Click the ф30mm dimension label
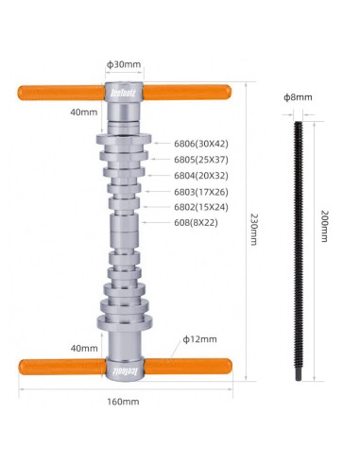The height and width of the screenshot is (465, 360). [123, 64]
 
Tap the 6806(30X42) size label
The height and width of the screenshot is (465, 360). [200, 144]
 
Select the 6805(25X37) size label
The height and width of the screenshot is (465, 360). [200, 160]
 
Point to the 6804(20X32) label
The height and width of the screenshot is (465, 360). [200, 176]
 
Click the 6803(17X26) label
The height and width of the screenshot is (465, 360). [200, 192]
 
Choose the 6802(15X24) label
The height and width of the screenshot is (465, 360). [200, 207]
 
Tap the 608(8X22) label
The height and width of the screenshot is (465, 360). [197, 223]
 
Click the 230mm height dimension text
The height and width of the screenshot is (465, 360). [254, 230]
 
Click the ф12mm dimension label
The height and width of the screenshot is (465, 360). [200, 338]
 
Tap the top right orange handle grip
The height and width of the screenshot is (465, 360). [189, 92]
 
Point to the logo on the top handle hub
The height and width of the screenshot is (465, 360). [124, 93]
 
